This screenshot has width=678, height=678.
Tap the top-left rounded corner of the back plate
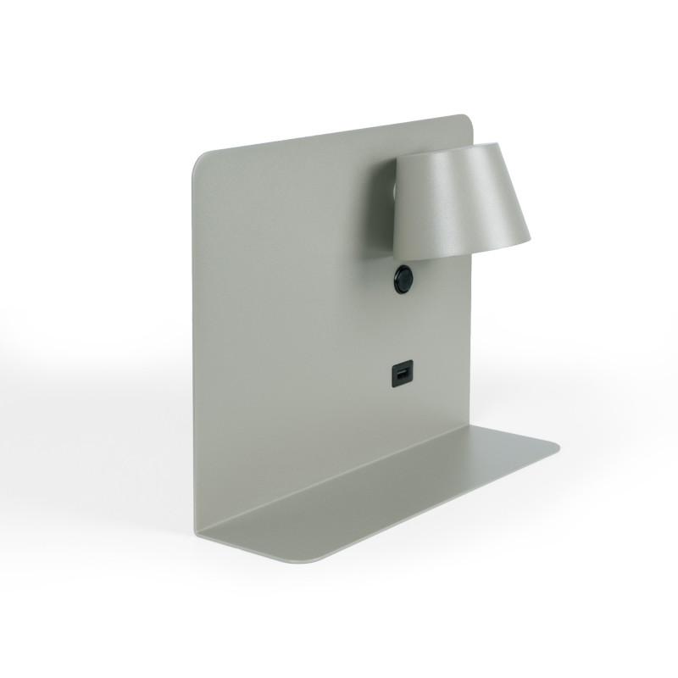200,160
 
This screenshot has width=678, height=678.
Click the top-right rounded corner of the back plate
467,119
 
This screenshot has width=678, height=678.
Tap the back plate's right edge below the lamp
471,339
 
